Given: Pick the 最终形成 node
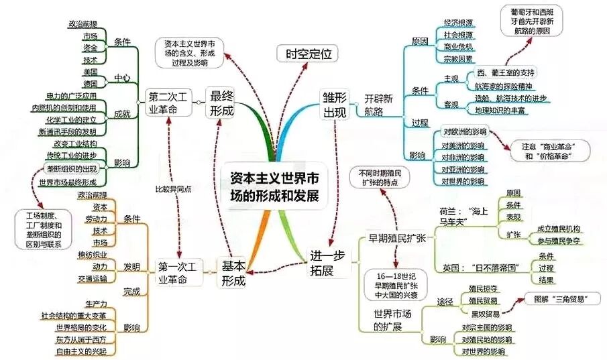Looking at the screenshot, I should click(x=222, y=102).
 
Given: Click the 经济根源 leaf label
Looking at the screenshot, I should click(x=459, y=22).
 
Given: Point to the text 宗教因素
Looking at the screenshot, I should click(x=459, y=59).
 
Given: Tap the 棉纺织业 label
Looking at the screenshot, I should click(x=91, y=254).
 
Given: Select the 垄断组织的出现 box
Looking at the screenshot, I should click(x=72, y=168).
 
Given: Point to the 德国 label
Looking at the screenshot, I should click(x=90, y=83).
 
